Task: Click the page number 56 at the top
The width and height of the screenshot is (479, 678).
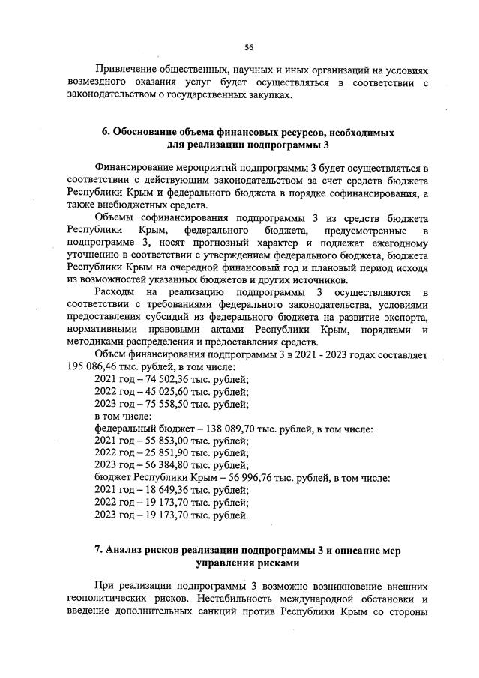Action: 248,47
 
